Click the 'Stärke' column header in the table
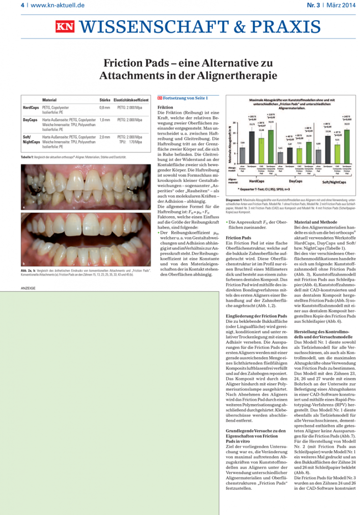click(x=105, y=100)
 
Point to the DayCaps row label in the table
click(x=30, y=121)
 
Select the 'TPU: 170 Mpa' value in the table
click(x=130, y=141)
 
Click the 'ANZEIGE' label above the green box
click(x=29, y=288)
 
